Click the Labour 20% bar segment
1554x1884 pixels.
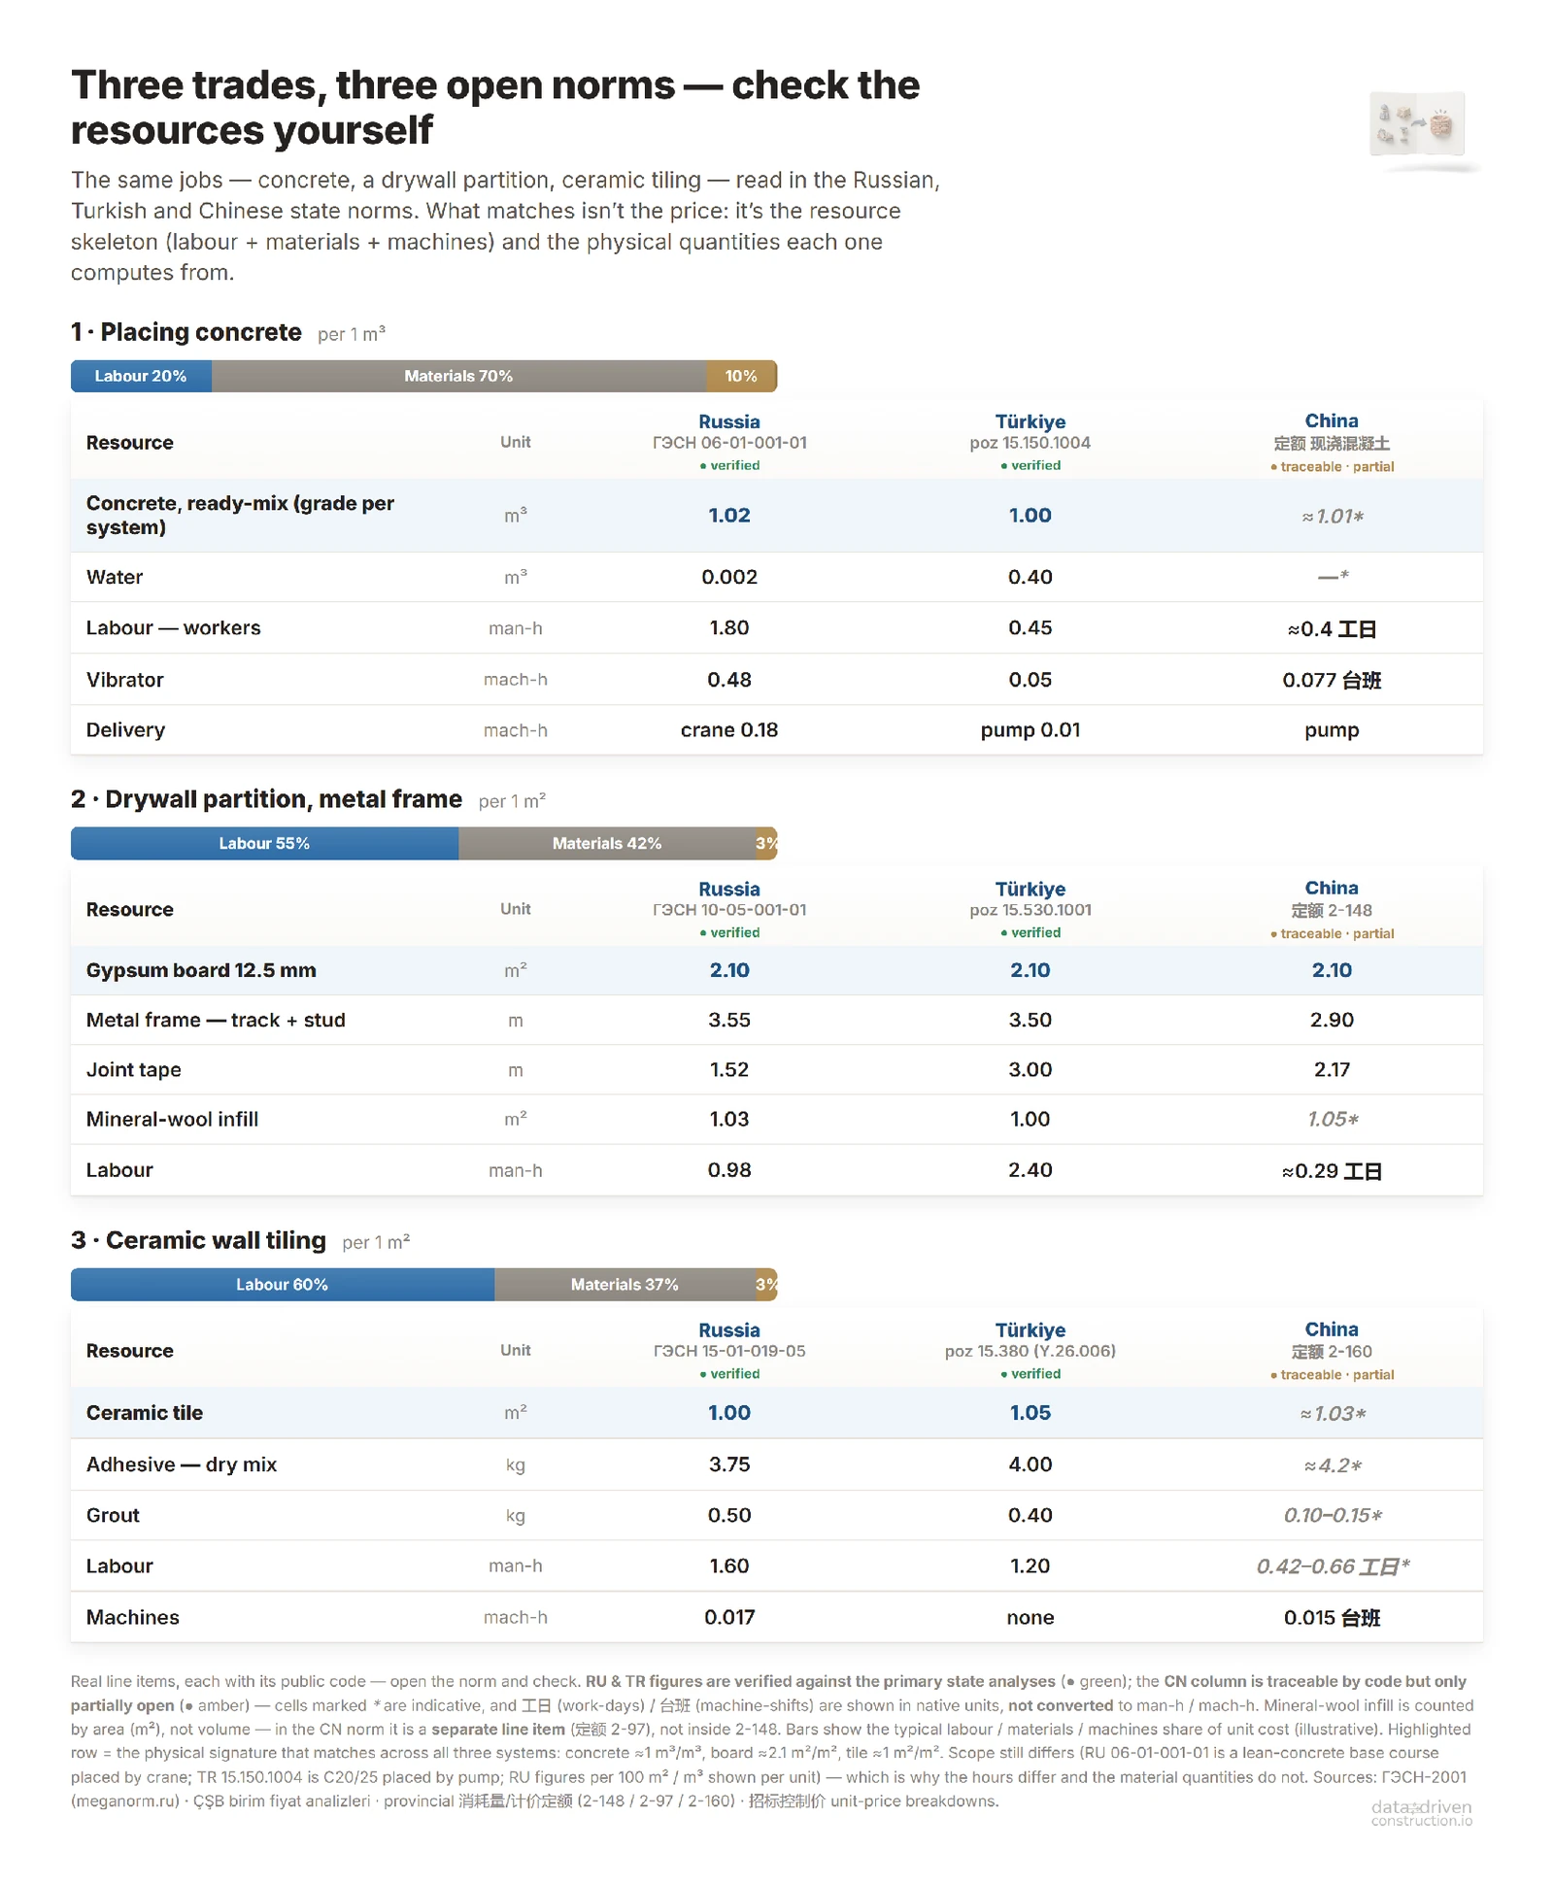(x=141, y=376)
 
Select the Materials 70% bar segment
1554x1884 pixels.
(x=458, y=376)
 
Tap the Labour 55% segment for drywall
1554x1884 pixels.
(x=264, y=843)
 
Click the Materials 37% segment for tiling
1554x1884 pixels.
(x=625, y=1284)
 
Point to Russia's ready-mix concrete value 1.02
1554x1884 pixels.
(x=729, y=516)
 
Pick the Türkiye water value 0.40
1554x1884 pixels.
(x=1030, y=577)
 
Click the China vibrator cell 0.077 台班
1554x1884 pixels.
(x=1332, y=680)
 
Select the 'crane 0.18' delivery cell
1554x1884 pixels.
(x=729, y=730)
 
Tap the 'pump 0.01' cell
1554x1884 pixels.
(x=1030, y=730)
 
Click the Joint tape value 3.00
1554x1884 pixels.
(x=1030, y=1069)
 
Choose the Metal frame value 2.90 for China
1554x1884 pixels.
(x=1332, y=1020)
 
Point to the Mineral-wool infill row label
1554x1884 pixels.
(x=172, y=1119)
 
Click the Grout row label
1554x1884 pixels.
(x=113, y=1515)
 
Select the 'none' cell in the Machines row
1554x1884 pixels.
(x=1030, y=1617)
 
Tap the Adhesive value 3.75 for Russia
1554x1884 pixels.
(x=729, y=1464)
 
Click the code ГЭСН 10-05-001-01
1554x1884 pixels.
(x=729, y=910)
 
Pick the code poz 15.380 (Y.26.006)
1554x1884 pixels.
(x=1030, y=1351)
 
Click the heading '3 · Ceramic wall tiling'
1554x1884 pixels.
(x=198, y=1240)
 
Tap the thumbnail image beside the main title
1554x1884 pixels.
(x=1418, y=124)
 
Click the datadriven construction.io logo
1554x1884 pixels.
(x=1422, y=1812)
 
